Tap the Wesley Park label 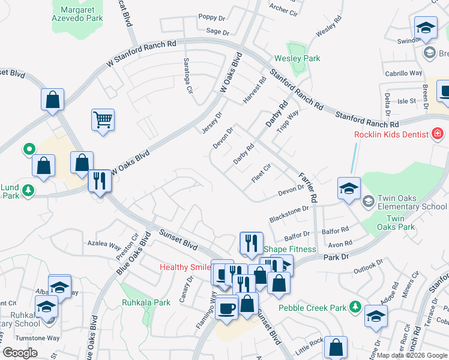tap(297, 58)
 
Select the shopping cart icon tap(103, 119)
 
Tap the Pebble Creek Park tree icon tap(355, 308)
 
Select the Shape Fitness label tap(290, 249)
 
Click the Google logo tap(20, 353)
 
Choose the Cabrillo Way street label tap(403, 73)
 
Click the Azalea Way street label tap(104, 244)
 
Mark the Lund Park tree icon tap(28, 191)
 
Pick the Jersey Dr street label tap(213, 123)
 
